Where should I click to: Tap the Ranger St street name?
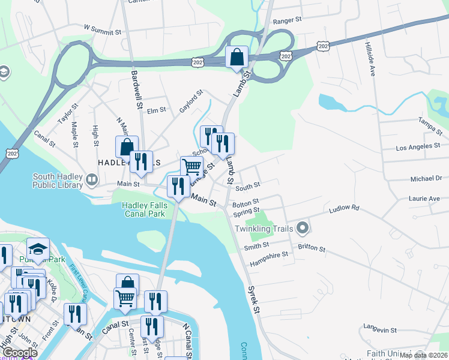tap(287, 20)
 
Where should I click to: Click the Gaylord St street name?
tap(191, 101)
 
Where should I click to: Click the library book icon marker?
tap(91, 179)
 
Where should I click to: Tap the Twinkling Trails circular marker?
tap(303, 228)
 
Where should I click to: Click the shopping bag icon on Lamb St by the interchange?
tap(237, 58)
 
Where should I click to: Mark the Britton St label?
tap(312, 248)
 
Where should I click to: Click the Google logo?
tap(19, 353)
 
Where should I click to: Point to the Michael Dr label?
tap(426, 178)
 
